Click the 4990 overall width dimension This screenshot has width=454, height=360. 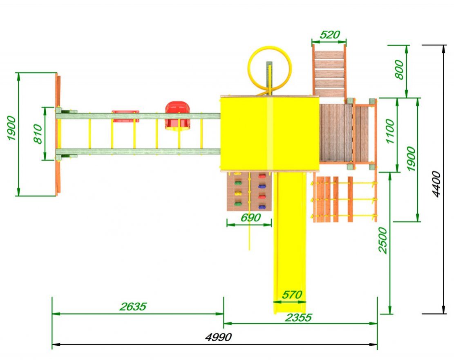pos(218,337)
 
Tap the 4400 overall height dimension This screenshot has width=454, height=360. pos(436,184)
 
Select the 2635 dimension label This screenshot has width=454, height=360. pos(133,306)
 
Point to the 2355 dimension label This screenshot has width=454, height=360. pos(298,318)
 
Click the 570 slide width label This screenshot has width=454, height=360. pos(292,295)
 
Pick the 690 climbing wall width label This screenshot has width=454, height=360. pos(251,217)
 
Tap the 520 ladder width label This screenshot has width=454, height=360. pos(330,35)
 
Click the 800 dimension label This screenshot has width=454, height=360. pos(399,69)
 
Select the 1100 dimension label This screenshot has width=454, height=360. pos(390,131)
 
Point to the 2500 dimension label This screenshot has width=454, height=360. pos(382,241)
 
